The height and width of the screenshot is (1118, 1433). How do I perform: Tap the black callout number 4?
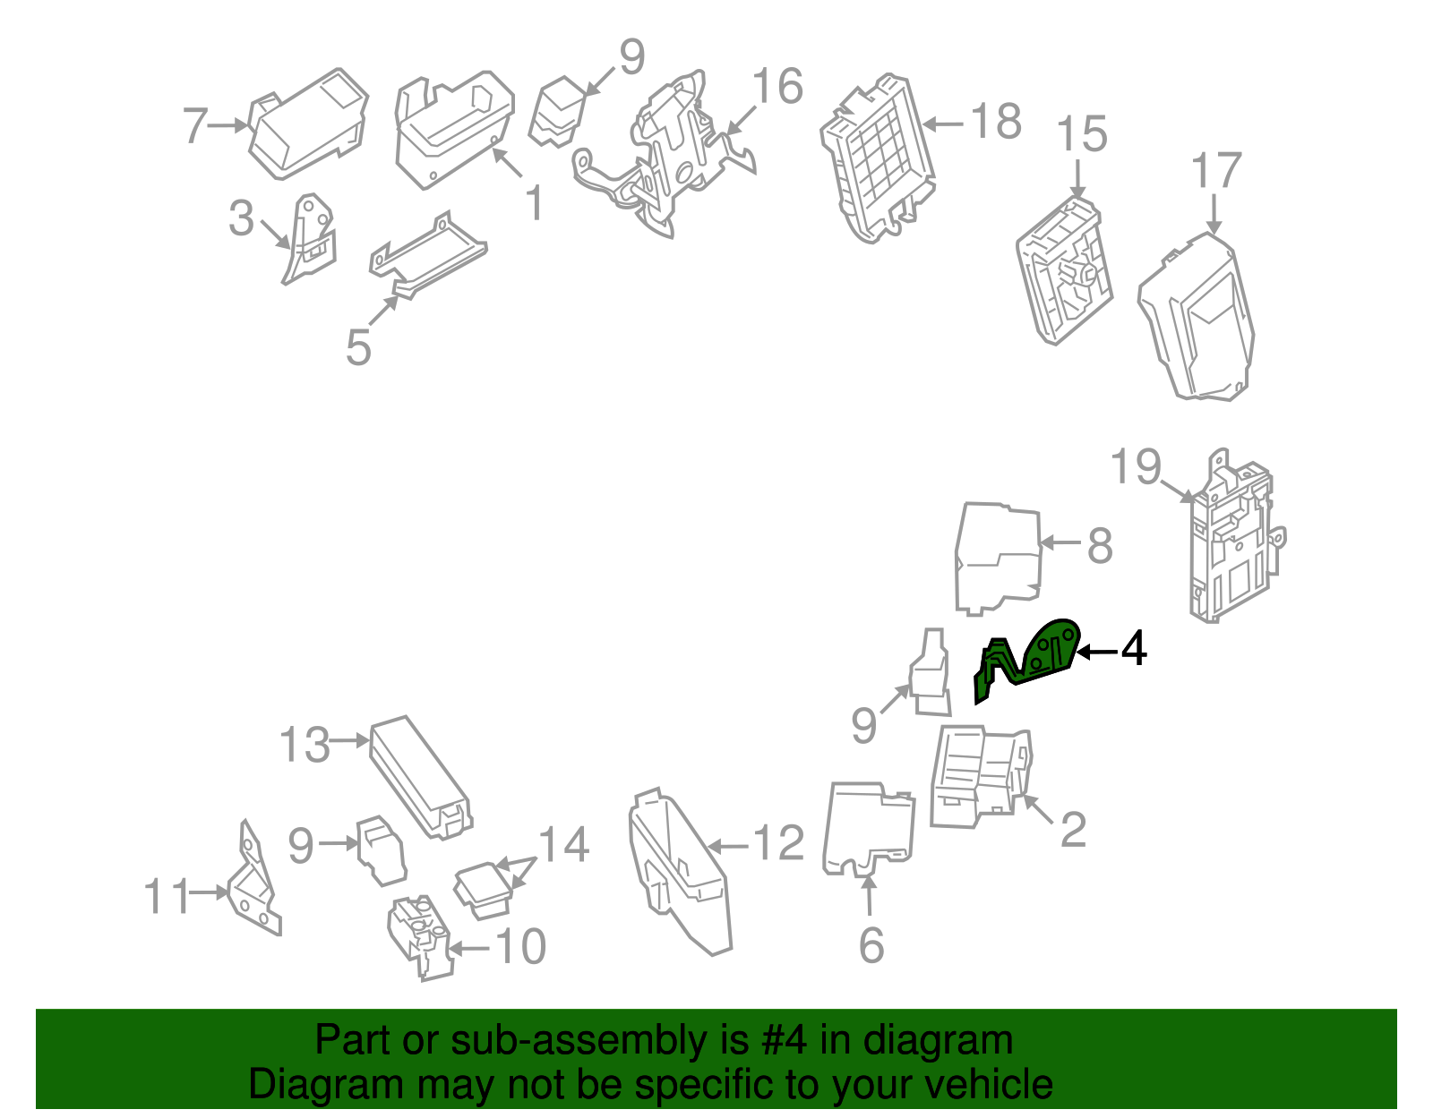pyautogui.click(x=1134, y=649)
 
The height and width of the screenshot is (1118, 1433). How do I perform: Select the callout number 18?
pyautogui.click(x=997, y=123)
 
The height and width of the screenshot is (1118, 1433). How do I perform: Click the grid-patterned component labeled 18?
pyautogui.click(x=878, y=157)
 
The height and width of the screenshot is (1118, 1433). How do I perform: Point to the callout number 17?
pyautogui.click(x=1216, y=171)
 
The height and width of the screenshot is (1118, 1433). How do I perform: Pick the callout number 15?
pyautogui.click(x=1082, y=135)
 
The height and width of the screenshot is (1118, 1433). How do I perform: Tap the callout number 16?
pyautogui.click(x=777, y=88)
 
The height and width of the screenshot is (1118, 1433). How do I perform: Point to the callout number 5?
pyautogui.click(x=358, y=347)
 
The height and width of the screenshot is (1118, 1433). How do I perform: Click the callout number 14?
pyautogui.click(x=563, y=844)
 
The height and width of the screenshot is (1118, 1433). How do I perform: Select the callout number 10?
pyautogui.click(x=520, y=947)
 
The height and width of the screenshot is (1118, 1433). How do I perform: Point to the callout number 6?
pyautogui.click(x=871, y=945)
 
